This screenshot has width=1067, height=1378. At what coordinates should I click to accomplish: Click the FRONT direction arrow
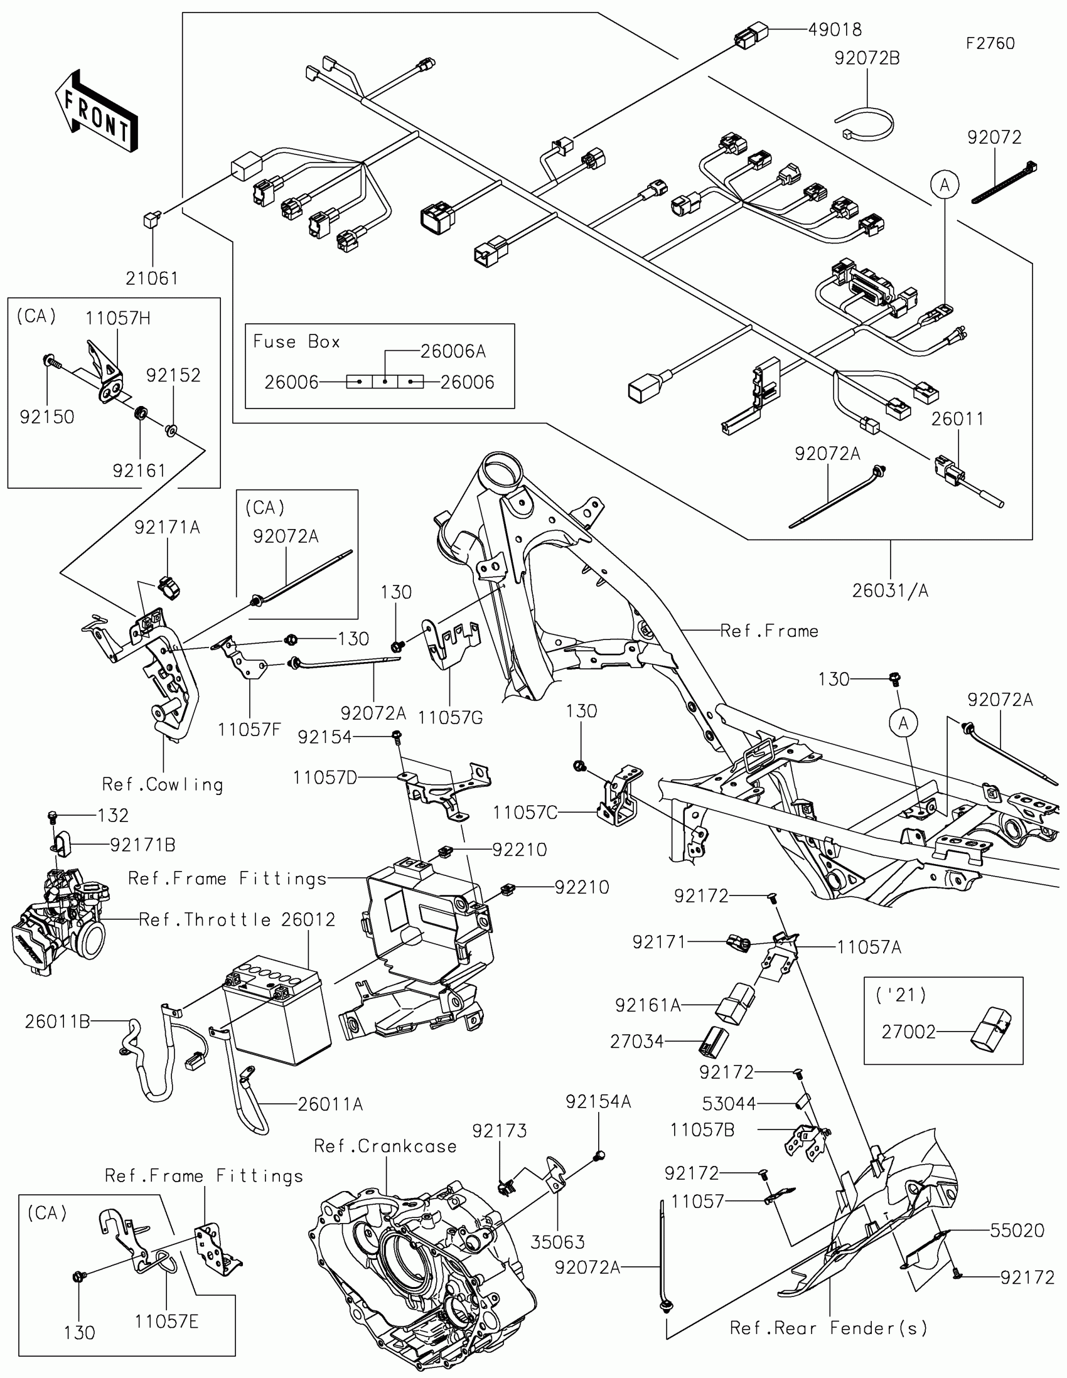(x=96, y=111)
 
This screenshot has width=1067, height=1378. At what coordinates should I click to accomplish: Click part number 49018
(x=834, y=29)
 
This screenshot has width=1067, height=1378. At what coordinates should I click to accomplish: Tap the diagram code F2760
(x=990, y=43)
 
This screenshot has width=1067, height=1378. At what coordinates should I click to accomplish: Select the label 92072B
(x=866, y=58)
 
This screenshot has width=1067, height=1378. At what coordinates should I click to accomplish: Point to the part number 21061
(x=151, y=278)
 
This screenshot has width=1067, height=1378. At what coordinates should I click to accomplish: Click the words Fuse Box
(x=296, y=342)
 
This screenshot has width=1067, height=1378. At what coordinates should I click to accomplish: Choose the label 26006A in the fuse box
(x=453, y=351)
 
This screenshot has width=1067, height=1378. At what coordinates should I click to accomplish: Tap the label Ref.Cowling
(x=163, y=785)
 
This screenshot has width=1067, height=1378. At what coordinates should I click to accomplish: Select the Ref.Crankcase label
(x=385, y=1146)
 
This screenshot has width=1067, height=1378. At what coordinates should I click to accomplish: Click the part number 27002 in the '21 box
(x=908, y=1032)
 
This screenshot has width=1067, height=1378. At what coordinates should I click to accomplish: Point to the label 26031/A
(x=890, y=590)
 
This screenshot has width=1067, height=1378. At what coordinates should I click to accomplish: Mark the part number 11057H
(x=118, y=318)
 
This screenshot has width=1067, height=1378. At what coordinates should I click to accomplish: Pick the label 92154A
(x=598, y=1102)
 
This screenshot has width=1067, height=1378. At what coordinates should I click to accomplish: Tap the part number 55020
(x=1017, y=1230)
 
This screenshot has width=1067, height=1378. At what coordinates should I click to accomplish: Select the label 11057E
(x=166, y=1322)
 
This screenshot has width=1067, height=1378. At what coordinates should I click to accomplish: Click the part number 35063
(x=558, y=1242)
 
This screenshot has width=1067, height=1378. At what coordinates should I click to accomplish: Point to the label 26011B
(x=57, y=1022)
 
